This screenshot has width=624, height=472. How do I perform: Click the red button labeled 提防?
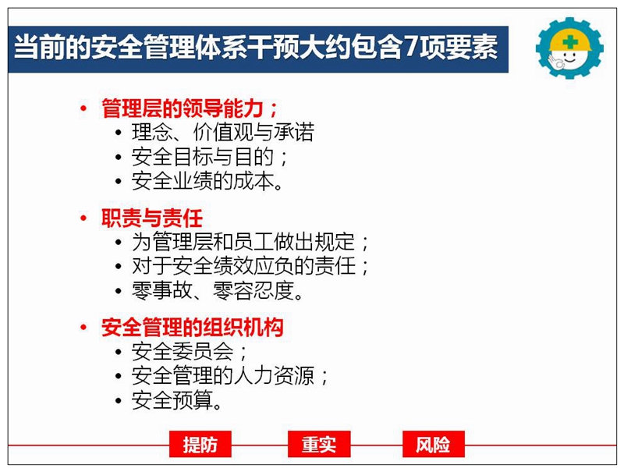point(200,444)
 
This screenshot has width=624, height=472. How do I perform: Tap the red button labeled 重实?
point(319,444)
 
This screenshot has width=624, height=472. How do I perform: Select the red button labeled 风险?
point(434,444)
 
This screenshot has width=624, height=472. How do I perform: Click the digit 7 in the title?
point(412,48)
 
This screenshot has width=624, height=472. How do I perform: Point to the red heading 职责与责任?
point(152,218)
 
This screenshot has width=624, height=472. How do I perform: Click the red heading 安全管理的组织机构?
point(192,328)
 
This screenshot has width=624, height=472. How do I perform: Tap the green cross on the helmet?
point(571,42)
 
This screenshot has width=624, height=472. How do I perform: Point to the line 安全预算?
point(177,400)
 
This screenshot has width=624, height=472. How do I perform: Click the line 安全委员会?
point(189,351)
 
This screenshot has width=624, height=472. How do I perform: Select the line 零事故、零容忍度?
point(218,291)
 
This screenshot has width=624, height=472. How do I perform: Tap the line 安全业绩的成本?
point(207,182)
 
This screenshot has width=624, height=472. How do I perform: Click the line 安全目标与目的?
point(209,157)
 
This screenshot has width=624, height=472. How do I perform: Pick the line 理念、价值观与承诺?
point(223,133)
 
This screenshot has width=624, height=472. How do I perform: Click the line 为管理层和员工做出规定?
point(250,242)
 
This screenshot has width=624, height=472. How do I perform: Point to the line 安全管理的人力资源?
point(229,376)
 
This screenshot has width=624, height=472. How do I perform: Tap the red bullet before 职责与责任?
point(83,218)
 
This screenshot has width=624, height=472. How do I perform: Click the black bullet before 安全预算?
point(119,400)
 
